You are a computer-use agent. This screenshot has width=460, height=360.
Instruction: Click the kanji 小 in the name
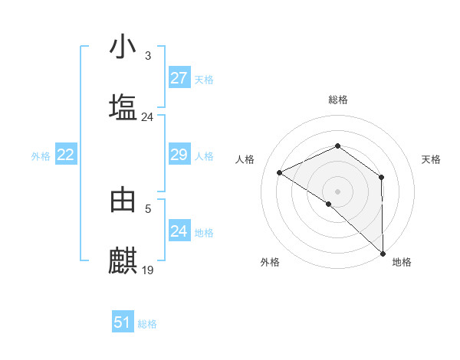pos(123,47)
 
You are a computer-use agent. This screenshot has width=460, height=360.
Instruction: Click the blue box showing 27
pos(179,78)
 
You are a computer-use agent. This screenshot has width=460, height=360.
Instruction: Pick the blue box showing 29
pos(179,155)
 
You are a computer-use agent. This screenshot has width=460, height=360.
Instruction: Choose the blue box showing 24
pos(179,231)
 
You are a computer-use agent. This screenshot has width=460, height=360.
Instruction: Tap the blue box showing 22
pos(66,155)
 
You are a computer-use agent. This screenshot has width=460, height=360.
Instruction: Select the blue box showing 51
pos(123,322)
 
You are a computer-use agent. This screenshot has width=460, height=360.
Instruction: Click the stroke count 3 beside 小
pos(147,56)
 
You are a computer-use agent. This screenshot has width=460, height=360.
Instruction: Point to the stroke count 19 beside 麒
pos(148,270)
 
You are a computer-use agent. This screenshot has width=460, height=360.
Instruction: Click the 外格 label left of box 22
pos(41,156)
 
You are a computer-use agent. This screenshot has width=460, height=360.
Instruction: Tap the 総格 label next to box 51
pos(147,324)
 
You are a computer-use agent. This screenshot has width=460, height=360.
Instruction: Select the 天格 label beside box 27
pos(204,80)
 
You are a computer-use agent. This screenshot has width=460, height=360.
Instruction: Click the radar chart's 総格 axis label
pos(337,100)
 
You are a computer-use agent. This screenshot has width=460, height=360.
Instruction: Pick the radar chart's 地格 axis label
pos(402,263)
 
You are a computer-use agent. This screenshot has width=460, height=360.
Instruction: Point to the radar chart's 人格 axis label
pos(245,159)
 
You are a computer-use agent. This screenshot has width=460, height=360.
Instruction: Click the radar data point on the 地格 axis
pos(382,253)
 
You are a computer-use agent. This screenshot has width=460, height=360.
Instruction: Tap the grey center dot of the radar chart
pos(337,191)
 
